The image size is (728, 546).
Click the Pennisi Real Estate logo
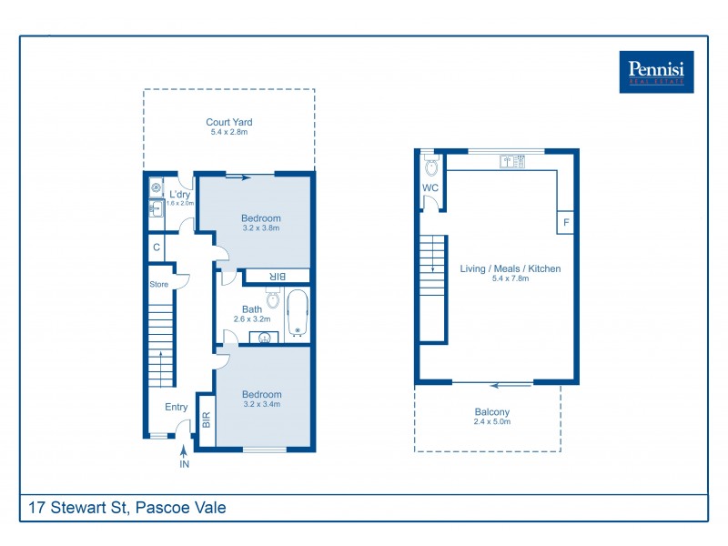click(x=656, y=72)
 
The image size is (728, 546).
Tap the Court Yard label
click(x=228, y=122)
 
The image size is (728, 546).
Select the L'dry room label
click(x=179, y=194)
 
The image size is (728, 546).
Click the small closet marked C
click(x=157, y=247)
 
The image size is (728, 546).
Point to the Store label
click(x=159, y=285)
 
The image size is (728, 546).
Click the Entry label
click(x=176, y=407)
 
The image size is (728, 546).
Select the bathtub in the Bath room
click(x=298, y=314)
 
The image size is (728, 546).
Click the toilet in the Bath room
click(x=272, y=298)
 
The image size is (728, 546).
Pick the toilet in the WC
click(x=430, y=167)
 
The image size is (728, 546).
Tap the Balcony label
click(x=491, y=412)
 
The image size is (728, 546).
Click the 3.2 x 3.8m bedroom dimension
click(x=260, y=228)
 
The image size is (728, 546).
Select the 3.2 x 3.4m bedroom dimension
click(x=261, y=404)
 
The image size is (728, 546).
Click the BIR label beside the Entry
click(x=207, y=420)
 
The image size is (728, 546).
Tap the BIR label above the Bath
click(x=278, y=276)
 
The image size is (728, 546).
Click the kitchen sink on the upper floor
click(x=513, y=161)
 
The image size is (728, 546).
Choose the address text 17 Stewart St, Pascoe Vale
click(x=126, y=508)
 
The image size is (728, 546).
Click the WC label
click(x=430, y=188)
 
